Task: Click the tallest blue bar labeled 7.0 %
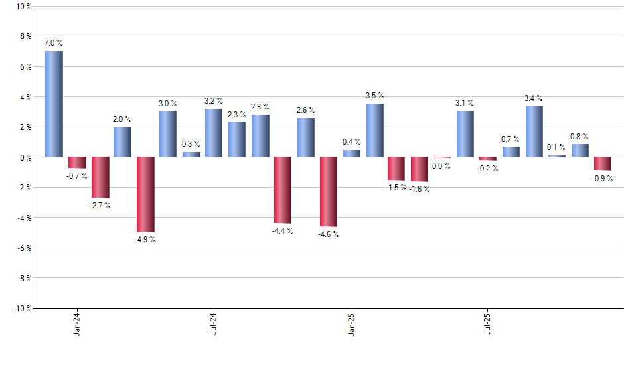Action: pyautogui.click(x=54, y=104)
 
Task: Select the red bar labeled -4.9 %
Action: pyautogui.click(x=145, y=194)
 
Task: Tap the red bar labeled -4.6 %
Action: pyautogui.click(x=329, y=191)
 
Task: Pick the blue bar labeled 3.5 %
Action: pyautogui.click(x=374, y=130)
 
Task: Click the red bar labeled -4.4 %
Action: pyautogui.click(x=283, y=190)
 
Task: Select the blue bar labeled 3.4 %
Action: pyautogui.click(x=534, y=131)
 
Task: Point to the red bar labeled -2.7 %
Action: pyautogui.click(x=100, y=177)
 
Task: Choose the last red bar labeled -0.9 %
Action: pyautogui.click(x=603, y=163)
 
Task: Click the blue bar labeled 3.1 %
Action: pyautogui.click(x=465, y=133)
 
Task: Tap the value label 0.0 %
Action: pyautogui.click(x=441, y=166)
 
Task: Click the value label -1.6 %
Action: pyautogui.click(x=420, y=189)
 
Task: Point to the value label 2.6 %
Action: pyautogui.click(x=305, y=110)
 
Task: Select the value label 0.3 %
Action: pyautogui.click(x=191, y=144)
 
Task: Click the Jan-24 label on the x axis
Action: pyautogui.click(x=77, y=323)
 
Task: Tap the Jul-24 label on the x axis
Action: pyautogui.click(x=214, y=323)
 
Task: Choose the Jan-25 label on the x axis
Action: pyautogui.click(x=351, y=323)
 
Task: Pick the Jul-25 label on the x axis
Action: pyautogui.click(x=488, y=323)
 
